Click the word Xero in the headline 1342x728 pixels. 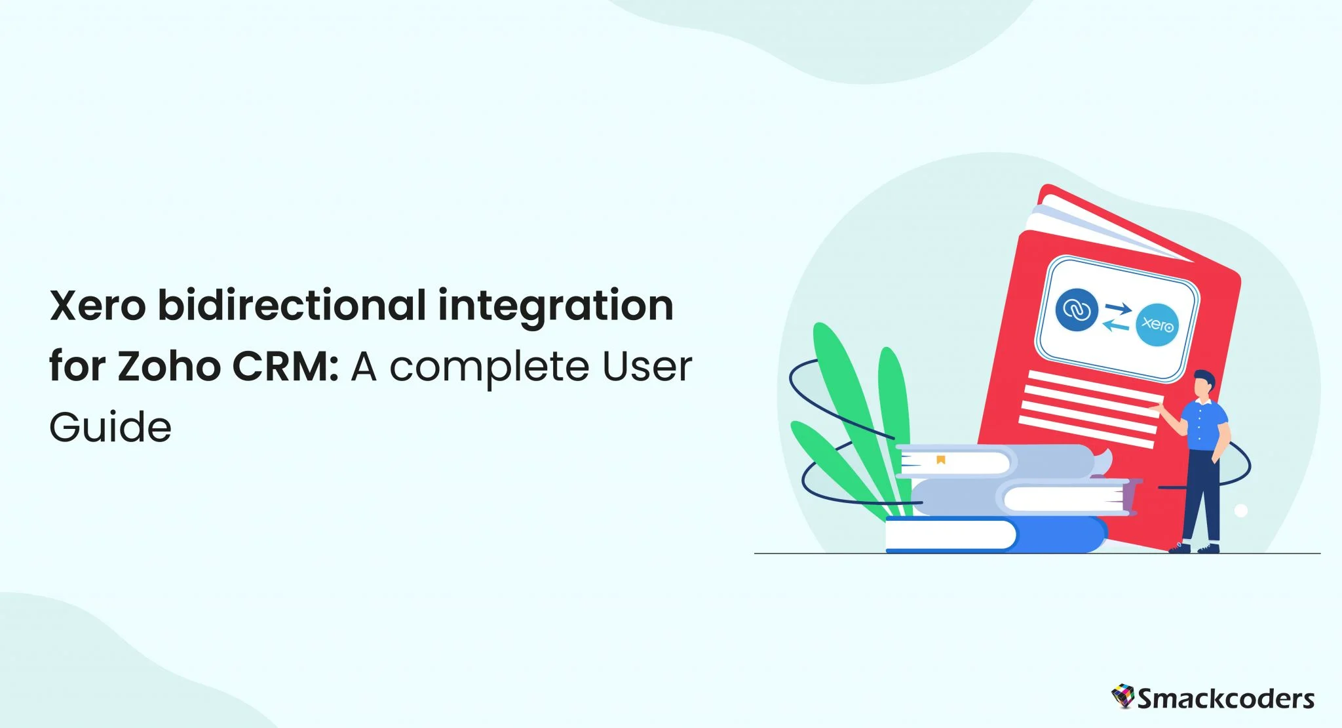[x=98, y=306]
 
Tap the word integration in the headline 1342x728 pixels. [x=555, y=307]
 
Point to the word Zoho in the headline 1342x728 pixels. [x=169, y=366]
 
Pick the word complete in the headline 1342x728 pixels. [x=489, y=367]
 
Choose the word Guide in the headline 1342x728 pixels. [x=110, y=428]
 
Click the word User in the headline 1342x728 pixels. [x=647, y=366]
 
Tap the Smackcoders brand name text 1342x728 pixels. [x=1225, y=699]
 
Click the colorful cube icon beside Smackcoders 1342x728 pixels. [x=1122, y=697]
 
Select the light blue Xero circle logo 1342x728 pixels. [x=1157, y=325]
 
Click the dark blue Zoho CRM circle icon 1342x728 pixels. [x=1076, y=310]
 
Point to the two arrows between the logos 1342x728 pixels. [x=1117, y=317]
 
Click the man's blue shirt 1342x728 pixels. [x=1204, y=426]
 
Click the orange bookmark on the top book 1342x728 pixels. [x=941, y=460]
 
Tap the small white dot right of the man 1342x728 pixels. [x=1240, y=510]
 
